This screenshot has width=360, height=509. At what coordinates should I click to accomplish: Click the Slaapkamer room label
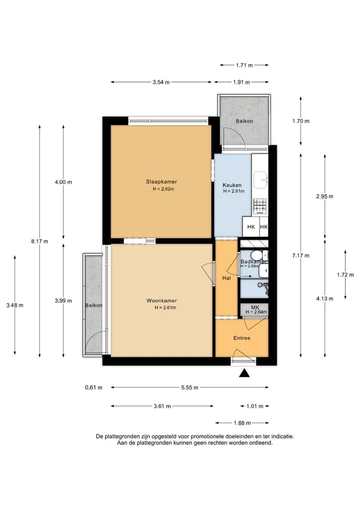coord(161,182)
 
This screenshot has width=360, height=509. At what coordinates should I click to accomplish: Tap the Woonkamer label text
coord(161,301)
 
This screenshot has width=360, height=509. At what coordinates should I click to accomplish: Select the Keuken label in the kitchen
coord(232,185)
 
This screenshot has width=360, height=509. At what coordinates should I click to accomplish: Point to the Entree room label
coord(242,338)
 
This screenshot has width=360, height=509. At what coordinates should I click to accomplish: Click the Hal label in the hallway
coord(226,278)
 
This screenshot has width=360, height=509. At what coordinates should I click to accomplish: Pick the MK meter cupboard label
coord(255,307)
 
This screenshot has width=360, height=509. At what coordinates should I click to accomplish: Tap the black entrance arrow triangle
coord(244,373)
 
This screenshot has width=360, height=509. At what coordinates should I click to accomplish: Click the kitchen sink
coord(261,180)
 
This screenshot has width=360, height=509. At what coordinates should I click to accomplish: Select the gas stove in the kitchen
coord(260,207)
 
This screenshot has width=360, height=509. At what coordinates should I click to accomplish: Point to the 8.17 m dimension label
coord(39,241)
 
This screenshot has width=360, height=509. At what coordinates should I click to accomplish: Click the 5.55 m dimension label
coord(189,387)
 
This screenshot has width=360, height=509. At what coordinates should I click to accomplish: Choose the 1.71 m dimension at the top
coord(244,65)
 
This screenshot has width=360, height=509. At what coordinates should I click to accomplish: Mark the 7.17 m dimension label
coord(300,255)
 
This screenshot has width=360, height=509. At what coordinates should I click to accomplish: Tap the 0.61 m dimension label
coord(93,387)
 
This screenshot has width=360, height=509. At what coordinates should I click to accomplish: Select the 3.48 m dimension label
coord(15,305)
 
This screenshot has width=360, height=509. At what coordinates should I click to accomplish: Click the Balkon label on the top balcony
coord(244,121)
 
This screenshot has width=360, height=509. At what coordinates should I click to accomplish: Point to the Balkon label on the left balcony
coord(93,305)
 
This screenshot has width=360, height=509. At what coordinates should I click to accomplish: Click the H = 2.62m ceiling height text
coord(163,189)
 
